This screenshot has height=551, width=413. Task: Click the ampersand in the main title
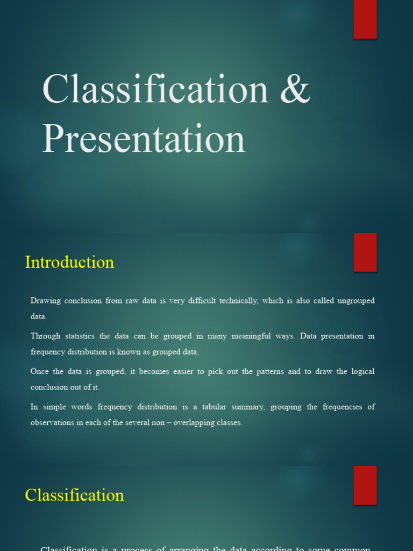(295, 89)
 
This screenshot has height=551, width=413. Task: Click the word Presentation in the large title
(144, 138)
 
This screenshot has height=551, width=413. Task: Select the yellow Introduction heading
(69, 263)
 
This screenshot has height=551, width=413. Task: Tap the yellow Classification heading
(74, 495)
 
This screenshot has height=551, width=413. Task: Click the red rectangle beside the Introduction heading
(365, 252)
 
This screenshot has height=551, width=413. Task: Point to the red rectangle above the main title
(365, 19)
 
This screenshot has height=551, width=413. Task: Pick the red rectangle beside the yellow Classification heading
(365, 485)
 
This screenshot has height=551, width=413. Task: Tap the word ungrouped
(356, 301)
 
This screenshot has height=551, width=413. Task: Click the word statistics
(80, 336)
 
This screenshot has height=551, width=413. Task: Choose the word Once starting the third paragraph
(39, 372)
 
